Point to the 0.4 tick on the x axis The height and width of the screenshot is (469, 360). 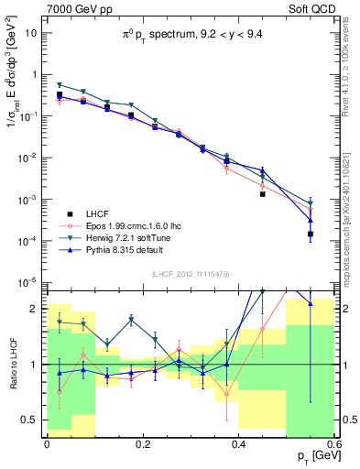pos(238,443)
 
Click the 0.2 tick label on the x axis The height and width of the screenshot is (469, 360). pos(142,443)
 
